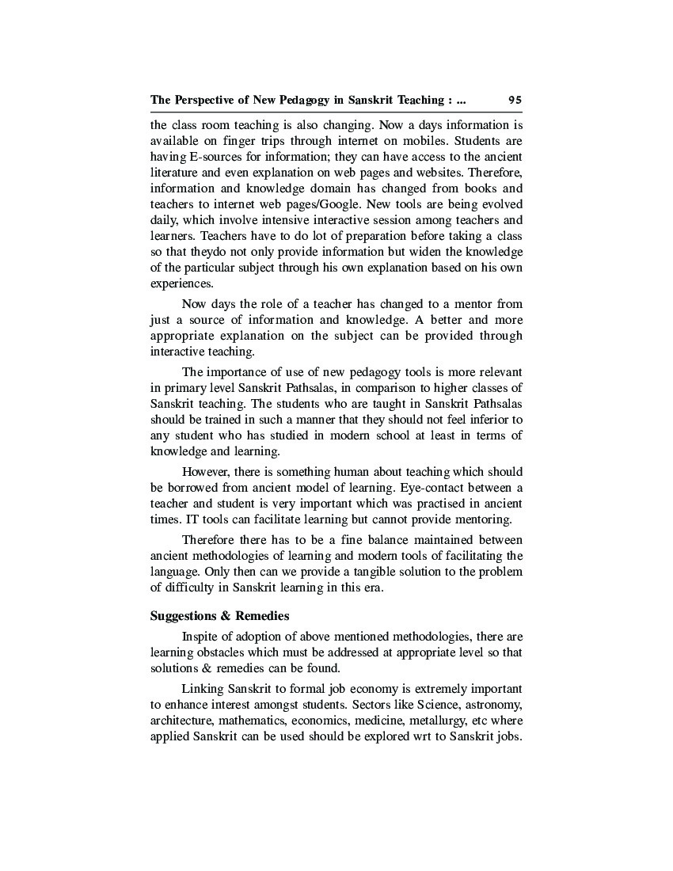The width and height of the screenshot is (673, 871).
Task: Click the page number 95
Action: [515, 101]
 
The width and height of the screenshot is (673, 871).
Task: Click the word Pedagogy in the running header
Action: [280, 101]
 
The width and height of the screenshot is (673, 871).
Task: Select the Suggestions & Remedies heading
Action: [219, 615]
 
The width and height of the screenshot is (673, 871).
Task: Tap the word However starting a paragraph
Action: [208, 472]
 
